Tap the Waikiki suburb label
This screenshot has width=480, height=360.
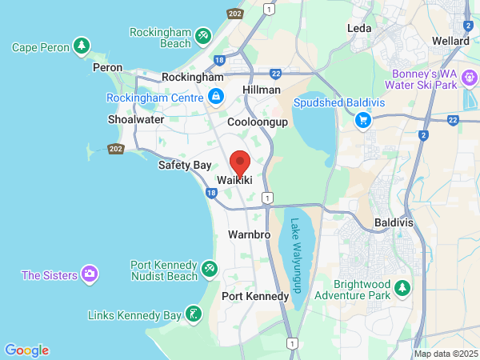235,182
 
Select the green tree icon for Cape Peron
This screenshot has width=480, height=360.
81,47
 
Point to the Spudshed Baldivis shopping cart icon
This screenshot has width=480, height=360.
363,120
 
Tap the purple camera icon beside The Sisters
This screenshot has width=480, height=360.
90,275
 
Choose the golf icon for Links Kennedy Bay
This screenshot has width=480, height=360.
193,314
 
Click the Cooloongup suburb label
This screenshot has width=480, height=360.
257,122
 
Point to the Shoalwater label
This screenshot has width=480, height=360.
135,119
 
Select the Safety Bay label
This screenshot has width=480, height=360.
184,165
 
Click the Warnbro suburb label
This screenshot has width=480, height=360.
250,235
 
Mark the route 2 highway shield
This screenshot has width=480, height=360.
422,134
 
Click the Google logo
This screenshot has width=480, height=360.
26,350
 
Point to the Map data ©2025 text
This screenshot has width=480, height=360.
446,354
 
